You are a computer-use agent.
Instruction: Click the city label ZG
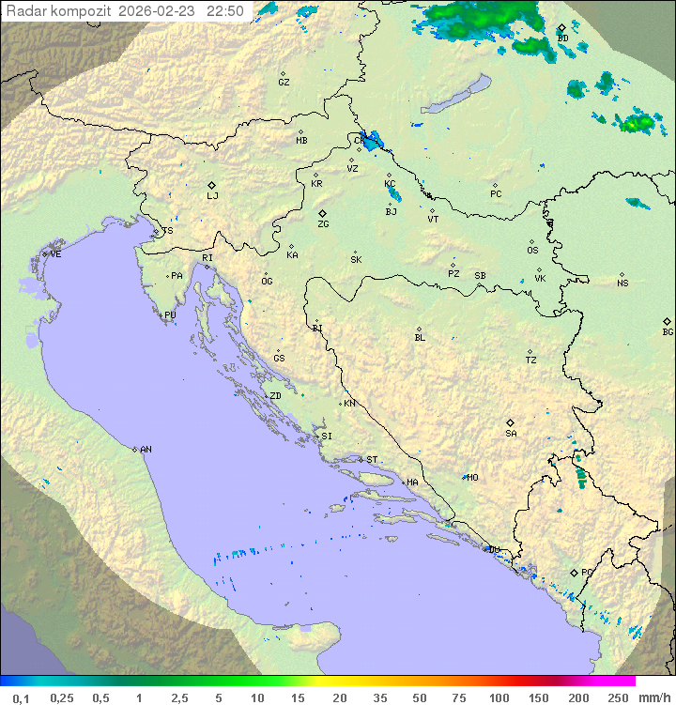coord(323,225)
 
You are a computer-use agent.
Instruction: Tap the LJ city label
coord(212,196)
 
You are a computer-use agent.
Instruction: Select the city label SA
coord(511,434)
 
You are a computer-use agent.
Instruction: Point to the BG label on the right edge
coord(668,332)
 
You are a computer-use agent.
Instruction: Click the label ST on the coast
coord(372,460)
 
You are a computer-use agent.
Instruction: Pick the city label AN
coord(146,450)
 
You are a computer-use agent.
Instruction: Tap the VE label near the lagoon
coord(55,254)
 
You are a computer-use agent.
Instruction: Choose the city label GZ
coord(284,83)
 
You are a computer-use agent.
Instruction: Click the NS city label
coord(622,284)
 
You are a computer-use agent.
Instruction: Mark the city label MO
coord(472,478)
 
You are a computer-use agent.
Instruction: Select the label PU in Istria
coord(170,315)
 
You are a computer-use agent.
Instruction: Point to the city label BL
coord(420,338)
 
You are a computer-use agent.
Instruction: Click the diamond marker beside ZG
coord(322,214)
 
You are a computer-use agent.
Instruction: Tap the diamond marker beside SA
coord(510,422)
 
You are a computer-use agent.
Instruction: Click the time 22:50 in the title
coord(226,11)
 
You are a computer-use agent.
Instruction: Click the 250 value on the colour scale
coord(617,697)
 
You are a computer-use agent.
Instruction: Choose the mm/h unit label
coord(654,697)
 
